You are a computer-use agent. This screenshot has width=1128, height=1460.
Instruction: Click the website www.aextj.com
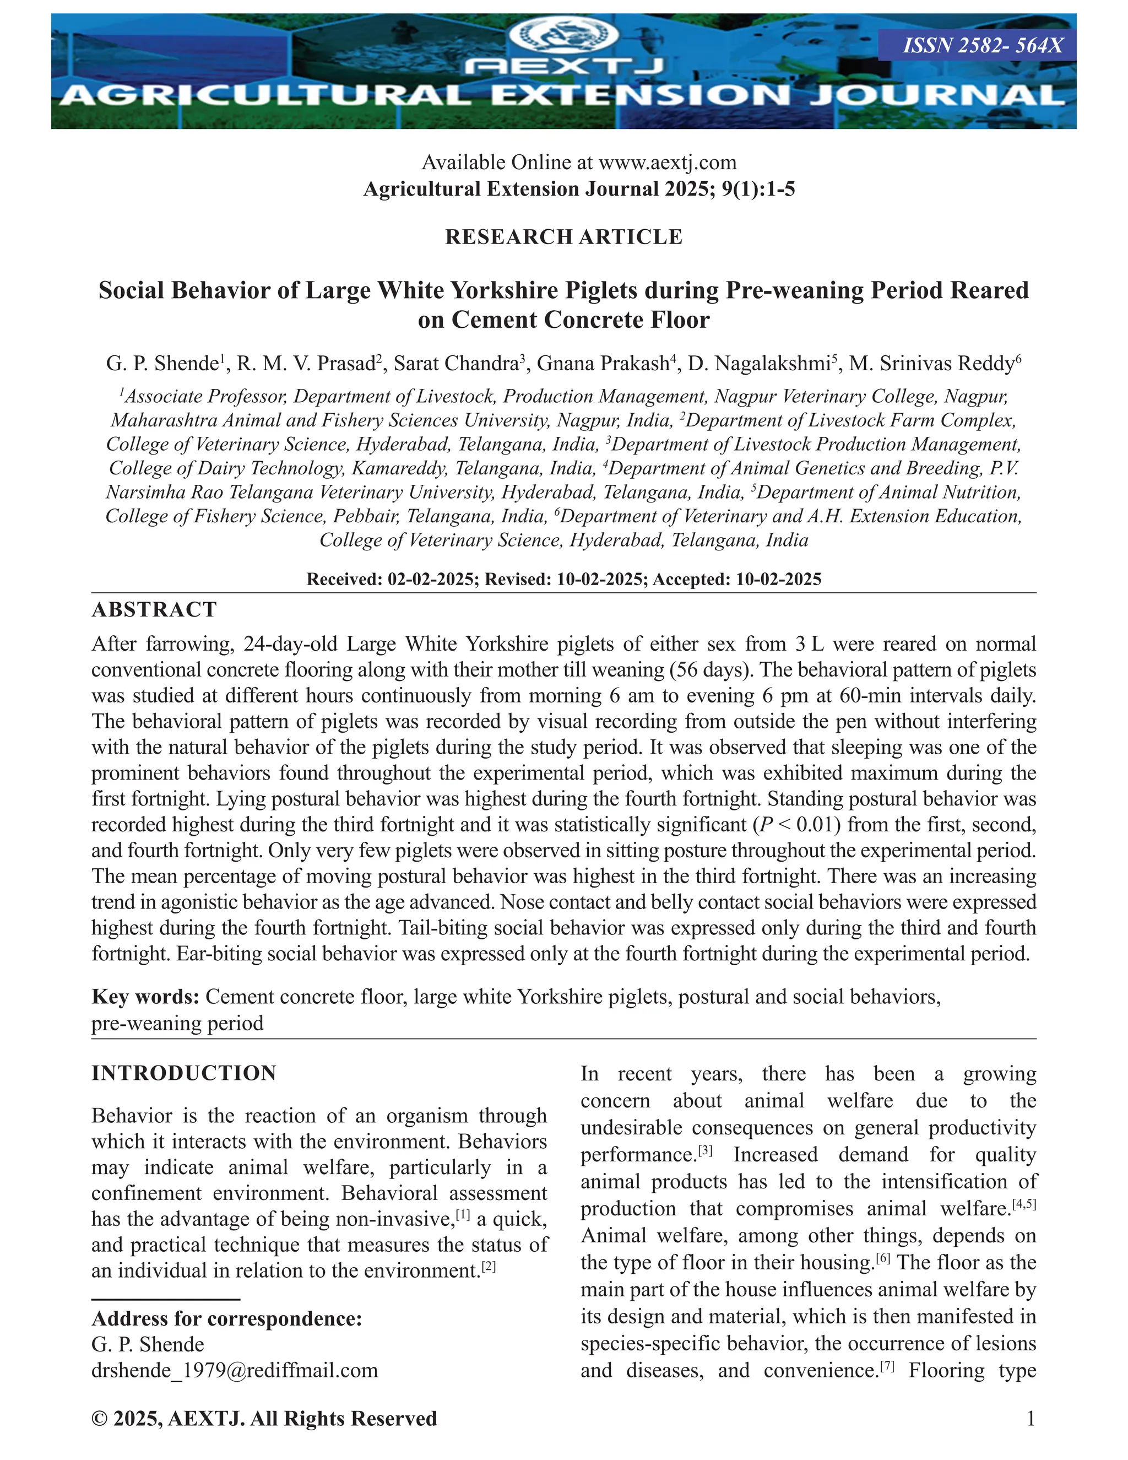tap(667, 163)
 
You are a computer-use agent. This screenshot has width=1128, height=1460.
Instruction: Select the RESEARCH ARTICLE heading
tap(563, 237)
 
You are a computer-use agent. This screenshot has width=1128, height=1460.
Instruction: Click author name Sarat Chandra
tap(455, 364)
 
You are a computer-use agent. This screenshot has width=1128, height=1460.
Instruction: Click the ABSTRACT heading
tap(154, 610)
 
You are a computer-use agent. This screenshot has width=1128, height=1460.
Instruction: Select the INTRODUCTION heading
tap(184, 1073)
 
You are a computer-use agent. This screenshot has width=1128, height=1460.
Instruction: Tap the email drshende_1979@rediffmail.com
tap(235, 1370)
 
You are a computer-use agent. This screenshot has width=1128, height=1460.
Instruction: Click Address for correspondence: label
tap(226, 1318)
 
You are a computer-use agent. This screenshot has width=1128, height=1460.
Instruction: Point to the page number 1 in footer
tap(1031, 1418)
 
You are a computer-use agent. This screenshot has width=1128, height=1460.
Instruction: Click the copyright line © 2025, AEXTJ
tap(264, 1418)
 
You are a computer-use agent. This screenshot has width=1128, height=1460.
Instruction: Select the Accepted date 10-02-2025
tap(778, 579)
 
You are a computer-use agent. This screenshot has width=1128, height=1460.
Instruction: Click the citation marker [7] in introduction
tap(887, 1366)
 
